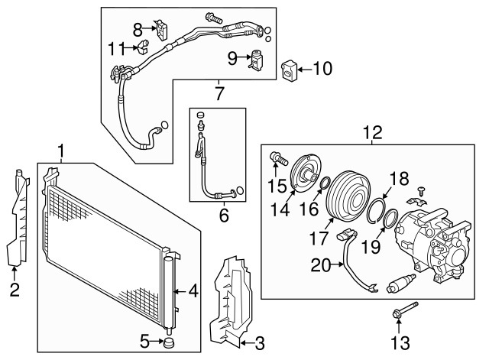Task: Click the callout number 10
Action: coord(322,68)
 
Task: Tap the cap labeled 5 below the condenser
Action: coord(169,342)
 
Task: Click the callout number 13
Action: coord(400,343)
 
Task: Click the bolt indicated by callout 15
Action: coord(278,158)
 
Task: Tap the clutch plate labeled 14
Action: coord(303,173)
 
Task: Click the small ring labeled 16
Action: coord(325,183)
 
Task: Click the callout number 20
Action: coord(321,265)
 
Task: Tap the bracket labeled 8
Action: coord(161,30)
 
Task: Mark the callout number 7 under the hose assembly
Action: coord(219,93)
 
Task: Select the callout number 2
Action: coord(15,290)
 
